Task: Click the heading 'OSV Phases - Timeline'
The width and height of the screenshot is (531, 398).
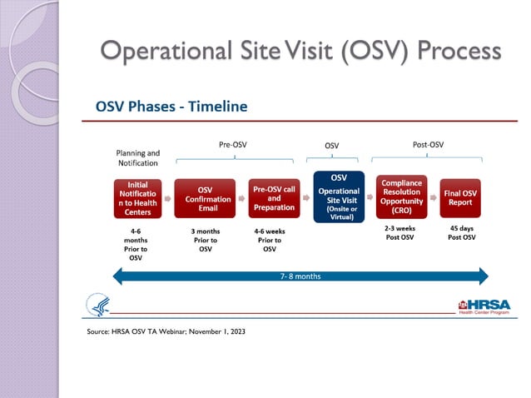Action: [x=171, y=107]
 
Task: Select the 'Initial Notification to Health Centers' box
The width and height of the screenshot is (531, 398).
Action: [x=137, y=199]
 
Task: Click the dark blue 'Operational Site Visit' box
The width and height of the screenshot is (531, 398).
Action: [x=339, y=197]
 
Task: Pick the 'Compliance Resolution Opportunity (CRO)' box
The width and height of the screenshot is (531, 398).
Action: [x=401, y=197]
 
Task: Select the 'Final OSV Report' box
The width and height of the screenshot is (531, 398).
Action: [x=462, y=199]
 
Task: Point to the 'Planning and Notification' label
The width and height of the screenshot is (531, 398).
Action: [x=137, y=157]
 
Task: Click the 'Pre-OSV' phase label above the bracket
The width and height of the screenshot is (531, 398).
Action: [x=232, y=144]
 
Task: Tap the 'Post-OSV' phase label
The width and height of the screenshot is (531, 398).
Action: [x=428, y=144]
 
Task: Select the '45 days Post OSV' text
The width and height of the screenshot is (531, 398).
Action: [x=462, y=232]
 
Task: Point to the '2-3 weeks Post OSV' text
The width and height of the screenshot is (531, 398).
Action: [x=401, y=232]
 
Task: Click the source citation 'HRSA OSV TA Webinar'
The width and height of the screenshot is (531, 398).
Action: [x=166, y=331]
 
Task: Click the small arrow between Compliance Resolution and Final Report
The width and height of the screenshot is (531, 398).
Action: [x=434, y=199]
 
